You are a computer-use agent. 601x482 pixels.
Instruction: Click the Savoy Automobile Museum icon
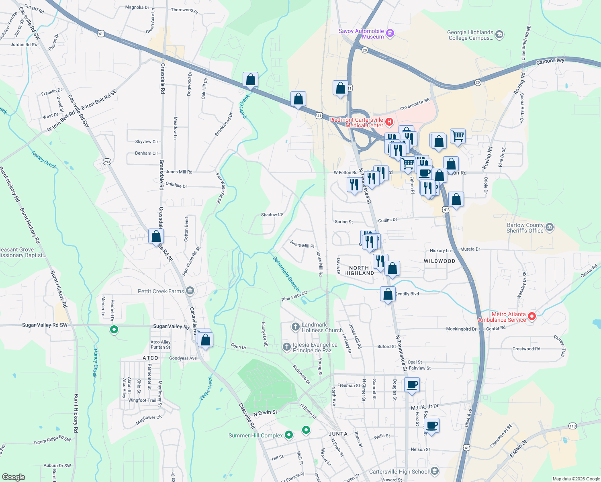390,34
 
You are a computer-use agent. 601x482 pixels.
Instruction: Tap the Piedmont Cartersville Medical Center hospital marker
389,122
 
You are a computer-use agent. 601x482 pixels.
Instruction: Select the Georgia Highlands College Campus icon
499,35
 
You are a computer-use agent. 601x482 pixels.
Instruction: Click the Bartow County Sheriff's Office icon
550,228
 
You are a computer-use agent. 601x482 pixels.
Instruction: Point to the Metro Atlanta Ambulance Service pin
532,317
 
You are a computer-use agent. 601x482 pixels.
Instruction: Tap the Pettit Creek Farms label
161,291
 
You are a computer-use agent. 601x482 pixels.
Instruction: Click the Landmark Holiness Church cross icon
296,327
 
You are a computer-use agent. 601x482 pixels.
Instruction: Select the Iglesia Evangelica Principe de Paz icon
287,347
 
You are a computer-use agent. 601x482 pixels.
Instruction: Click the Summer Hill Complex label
256,435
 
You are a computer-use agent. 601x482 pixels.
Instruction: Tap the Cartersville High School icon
434,471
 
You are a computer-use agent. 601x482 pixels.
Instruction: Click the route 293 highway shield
107,162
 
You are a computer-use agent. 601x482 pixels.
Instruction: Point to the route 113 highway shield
572,426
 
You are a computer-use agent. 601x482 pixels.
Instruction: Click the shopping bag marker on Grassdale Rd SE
156,236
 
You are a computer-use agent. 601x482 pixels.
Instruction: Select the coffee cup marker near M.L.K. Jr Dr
412,384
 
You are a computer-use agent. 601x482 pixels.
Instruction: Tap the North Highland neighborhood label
359,270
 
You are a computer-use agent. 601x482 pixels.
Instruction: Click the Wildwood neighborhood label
440,261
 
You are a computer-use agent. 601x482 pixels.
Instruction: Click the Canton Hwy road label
550,61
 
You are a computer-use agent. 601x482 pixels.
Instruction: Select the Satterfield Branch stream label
286,274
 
